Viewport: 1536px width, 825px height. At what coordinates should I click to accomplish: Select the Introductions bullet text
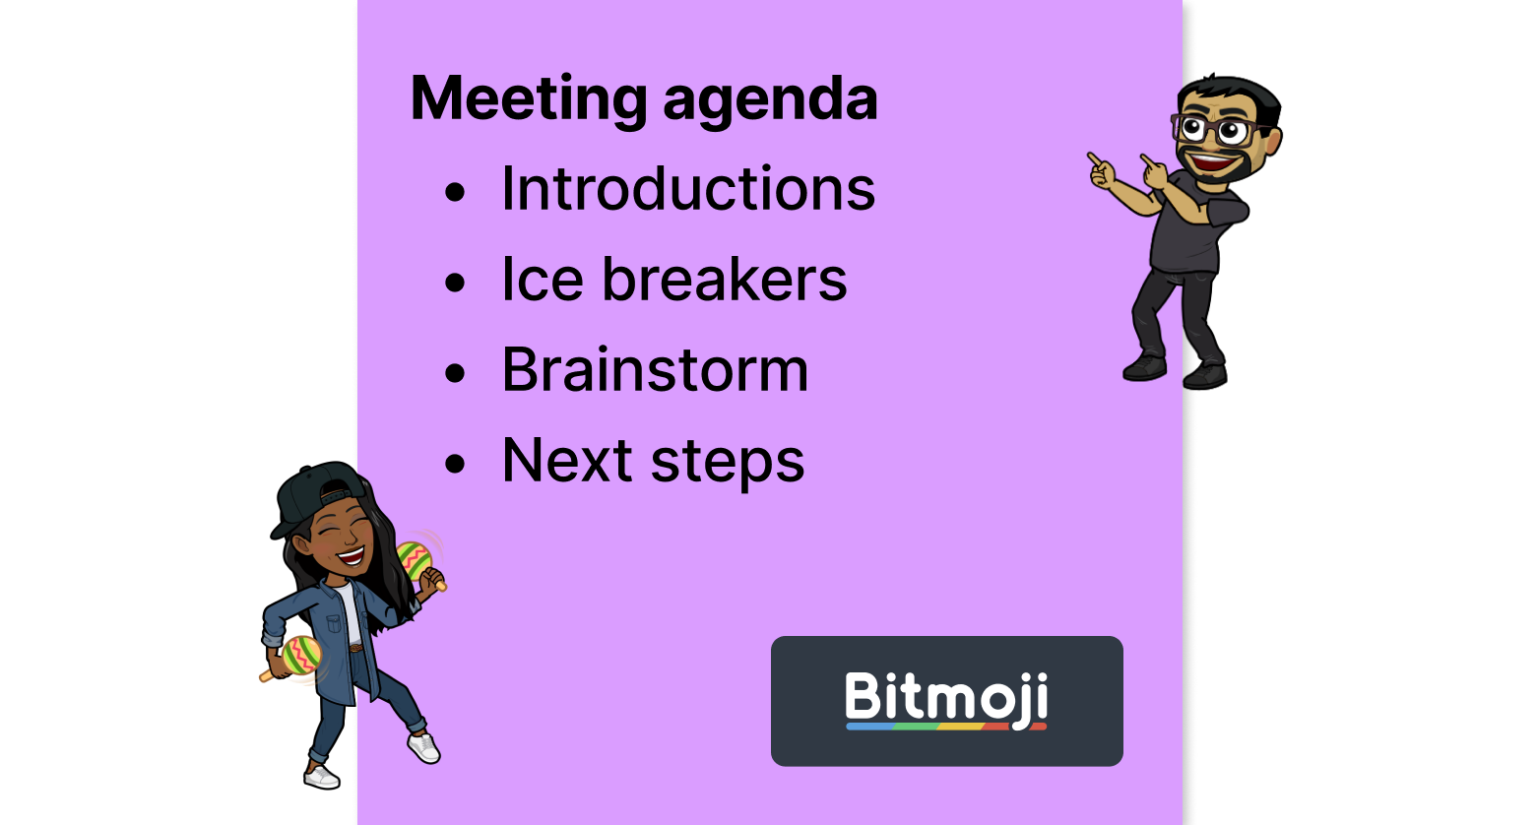(x=687, y=188)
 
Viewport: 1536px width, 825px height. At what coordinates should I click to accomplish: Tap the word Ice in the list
(x=542, y=279)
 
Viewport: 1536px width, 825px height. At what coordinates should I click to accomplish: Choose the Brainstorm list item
(x=655, y=370)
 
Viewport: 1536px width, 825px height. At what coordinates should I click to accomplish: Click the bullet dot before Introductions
(x=454, y=193)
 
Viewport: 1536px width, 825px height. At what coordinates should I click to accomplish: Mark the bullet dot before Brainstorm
(x=454, y=374)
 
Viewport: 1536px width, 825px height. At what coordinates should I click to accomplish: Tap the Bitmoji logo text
(x=946, y=697)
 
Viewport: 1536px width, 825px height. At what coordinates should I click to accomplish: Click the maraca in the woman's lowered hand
(x=299, y=656)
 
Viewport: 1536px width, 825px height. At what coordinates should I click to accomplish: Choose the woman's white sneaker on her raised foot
(x=424, y=747)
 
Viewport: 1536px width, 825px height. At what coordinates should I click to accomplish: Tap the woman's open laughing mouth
(x=350, y=556)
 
